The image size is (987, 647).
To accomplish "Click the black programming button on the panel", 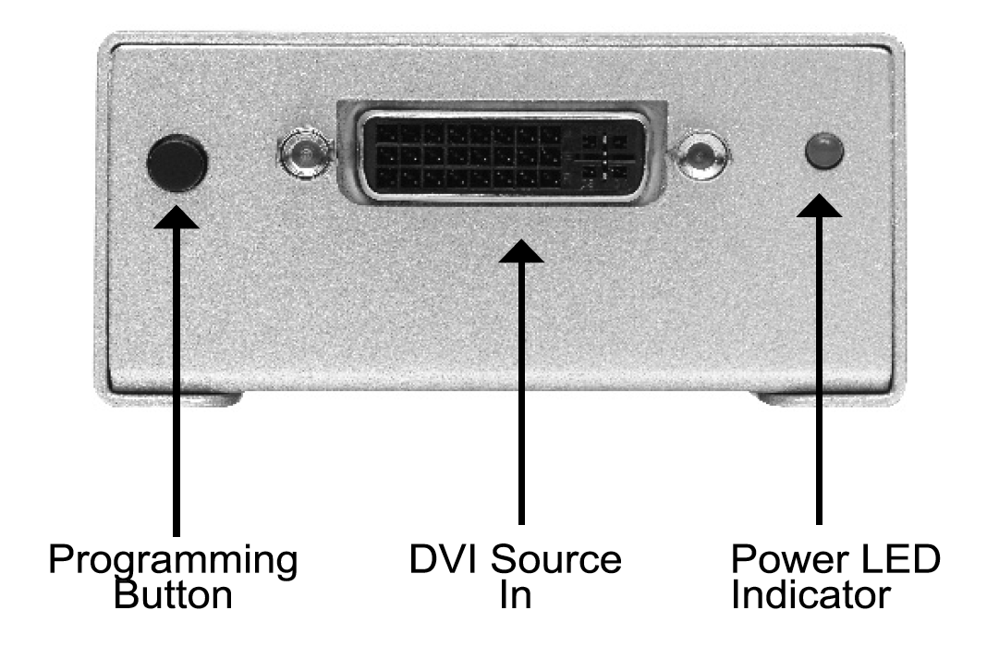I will click(177, 161).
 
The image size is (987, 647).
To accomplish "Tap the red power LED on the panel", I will click(823, 152).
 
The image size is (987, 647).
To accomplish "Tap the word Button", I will click(173, 593).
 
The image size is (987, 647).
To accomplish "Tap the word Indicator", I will click(811, 593).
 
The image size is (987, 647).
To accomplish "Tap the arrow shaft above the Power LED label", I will click(819, 370).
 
